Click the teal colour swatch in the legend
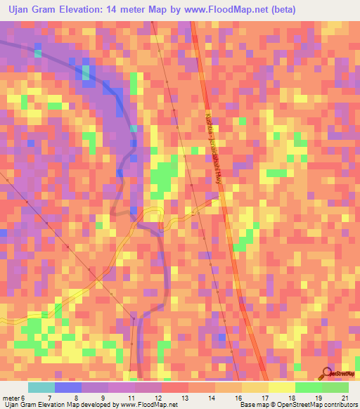[41, 387]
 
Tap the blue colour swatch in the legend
[67, 387]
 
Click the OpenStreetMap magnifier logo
[328, 372]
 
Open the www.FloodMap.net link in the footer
[146, 405]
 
